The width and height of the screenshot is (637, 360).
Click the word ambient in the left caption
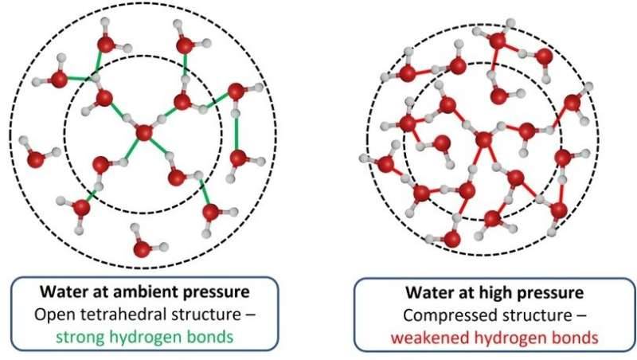[x=146, y=292]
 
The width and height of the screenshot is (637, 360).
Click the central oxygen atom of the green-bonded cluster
[x=144, y=133]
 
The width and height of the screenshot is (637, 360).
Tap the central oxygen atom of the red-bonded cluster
[x=483, y=139]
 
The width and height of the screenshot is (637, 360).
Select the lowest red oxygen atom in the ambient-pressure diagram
[x=142, y=248]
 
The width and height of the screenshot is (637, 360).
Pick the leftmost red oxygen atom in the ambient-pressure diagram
[x=35, y=158]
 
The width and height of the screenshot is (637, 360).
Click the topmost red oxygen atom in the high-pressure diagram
[x=497, y=41]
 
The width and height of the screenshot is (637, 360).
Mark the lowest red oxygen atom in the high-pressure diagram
[x=451, y=238]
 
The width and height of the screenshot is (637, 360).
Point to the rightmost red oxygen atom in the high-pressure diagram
[x=572, y=103]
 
